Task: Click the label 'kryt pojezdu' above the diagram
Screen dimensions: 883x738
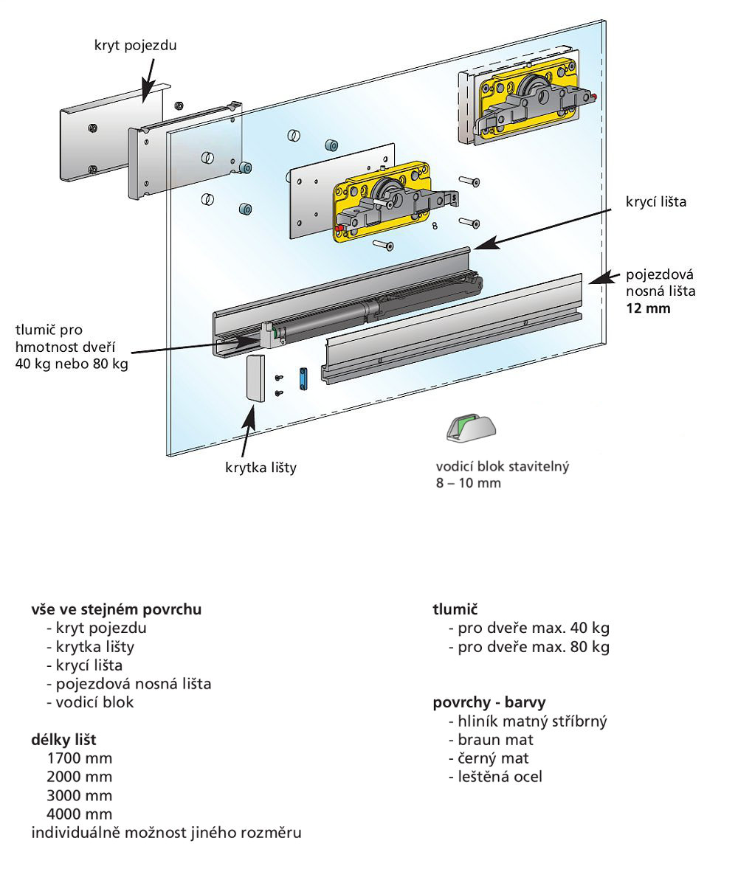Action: coord(136,46)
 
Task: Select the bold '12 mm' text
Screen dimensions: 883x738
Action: coord(649,308)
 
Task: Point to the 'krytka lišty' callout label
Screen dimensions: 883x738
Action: coord(261,467)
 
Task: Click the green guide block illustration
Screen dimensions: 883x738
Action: coord(471,429)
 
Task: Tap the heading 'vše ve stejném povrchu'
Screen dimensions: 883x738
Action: coord(117,610)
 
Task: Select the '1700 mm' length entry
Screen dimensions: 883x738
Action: coord(80,758)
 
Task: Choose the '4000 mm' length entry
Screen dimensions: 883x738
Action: coord(80,814)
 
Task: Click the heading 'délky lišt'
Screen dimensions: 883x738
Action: coord(63,739)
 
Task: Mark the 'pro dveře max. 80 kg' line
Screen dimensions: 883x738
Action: coord(528,647)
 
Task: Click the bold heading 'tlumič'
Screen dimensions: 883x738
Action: coord(455,610)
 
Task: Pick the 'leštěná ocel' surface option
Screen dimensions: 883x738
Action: coord(495,776)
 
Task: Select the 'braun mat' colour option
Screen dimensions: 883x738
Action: coord(491,739)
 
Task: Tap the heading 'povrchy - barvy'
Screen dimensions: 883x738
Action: coord(489,702)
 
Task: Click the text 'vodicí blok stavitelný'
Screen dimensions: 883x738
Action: coord(503,467)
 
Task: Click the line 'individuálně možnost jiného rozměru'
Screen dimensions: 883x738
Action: coord(166,833)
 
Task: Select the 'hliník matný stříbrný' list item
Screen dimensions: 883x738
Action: coord(527,721)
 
